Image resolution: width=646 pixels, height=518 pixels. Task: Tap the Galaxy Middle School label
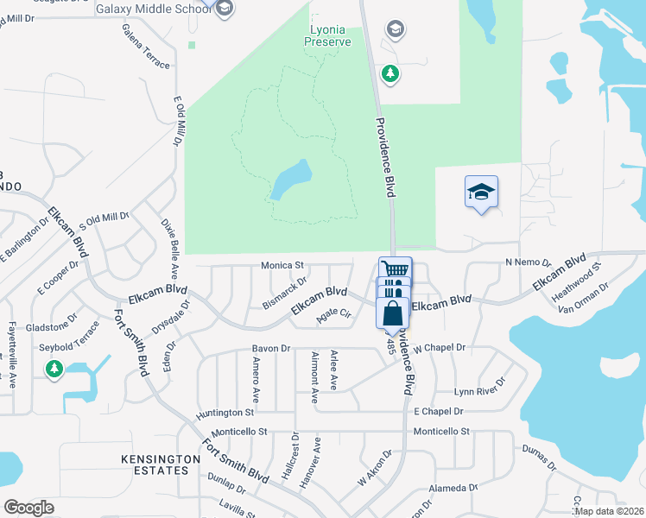[x=153, y=9]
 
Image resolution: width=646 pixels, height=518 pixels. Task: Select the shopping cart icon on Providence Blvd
[x=395, y=270]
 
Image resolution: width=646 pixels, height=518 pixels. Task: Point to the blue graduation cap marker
[x=482, y=193]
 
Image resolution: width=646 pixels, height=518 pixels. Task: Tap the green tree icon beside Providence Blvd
[x=391, y=73]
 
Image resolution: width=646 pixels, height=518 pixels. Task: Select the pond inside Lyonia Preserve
[x=290, y=179]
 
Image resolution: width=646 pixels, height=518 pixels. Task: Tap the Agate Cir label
[x=332, y=315]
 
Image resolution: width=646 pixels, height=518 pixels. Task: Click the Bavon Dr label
[x=268, y=348]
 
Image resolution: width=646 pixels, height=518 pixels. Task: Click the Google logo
[x=28, y=508]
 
